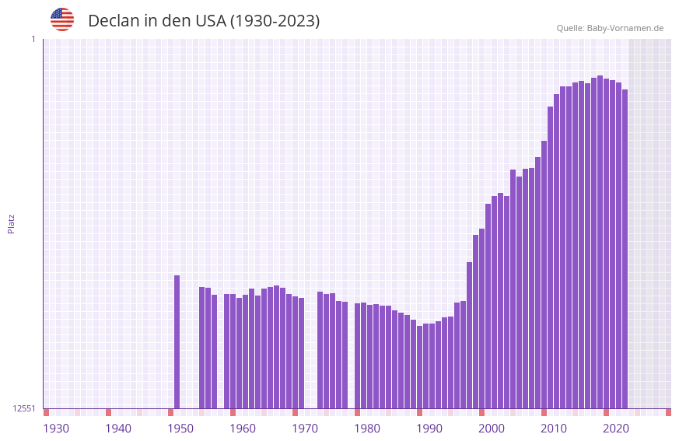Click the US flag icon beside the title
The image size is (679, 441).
[x=62, y=19]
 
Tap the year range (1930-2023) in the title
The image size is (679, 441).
[x=275, y=21]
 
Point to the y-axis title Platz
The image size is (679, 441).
[x=11, y=223]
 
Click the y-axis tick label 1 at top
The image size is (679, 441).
[x=33, y=39]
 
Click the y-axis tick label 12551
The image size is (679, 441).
[x=23, y=408]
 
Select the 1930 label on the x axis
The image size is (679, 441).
[x=56, y=429]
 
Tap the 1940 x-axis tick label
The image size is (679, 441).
[x=118, y=429]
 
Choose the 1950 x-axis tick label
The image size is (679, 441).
[x=180, y=429]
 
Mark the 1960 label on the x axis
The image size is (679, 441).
[x=243, y=429]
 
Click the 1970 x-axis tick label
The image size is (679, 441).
[x=305, y=429]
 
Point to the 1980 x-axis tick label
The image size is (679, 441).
[x=367, y=429]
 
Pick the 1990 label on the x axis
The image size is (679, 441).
[x=429, y=429]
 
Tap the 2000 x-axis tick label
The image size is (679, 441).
[x=492, y=429]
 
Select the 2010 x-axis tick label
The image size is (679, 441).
[x=554, y=429]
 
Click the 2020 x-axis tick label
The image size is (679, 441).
[x=616, y=429]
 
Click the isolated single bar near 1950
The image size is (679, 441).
[x=177, y=342]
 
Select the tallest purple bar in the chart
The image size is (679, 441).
[x=600, y=241]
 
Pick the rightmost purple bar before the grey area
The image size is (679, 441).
[x=625, y=249]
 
